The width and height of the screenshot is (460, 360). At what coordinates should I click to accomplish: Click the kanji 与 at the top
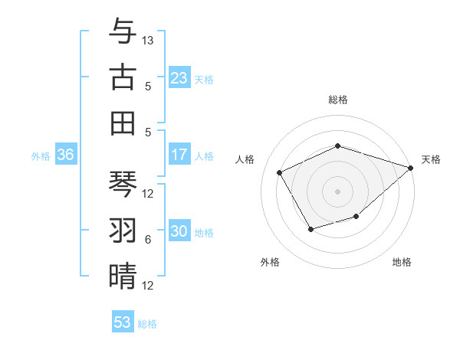pos(123,33)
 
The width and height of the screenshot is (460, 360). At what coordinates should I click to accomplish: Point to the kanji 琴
pos(123,185)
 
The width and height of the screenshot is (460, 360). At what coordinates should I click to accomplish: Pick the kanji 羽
pos(123,231)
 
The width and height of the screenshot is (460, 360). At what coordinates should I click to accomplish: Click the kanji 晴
pos(123,276)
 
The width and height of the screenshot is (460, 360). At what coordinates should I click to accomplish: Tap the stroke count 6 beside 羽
pos(148,240)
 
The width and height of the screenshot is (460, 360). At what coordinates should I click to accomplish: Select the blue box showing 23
pos(179,78)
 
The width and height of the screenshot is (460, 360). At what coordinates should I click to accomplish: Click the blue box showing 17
pos(179,155)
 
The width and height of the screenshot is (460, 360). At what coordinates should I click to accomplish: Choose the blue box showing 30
pos(179,232)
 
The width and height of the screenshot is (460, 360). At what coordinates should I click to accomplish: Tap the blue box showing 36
pos(65,155)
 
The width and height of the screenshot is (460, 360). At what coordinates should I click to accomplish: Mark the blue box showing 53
pos(123,322)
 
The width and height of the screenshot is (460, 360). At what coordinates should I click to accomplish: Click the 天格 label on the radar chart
pos(431,159)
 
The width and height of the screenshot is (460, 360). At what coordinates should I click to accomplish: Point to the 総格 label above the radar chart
pos(338,100)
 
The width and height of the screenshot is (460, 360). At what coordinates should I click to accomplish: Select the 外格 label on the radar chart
pos(270,263)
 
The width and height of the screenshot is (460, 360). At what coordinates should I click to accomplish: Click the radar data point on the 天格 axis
pos(411,167)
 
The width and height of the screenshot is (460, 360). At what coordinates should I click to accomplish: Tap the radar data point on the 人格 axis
pos(280,172)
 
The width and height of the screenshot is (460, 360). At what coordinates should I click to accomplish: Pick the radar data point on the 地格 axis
pos(356,217)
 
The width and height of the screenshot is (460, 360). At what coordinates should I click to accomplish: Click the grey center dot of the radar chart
pos(338,191)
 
